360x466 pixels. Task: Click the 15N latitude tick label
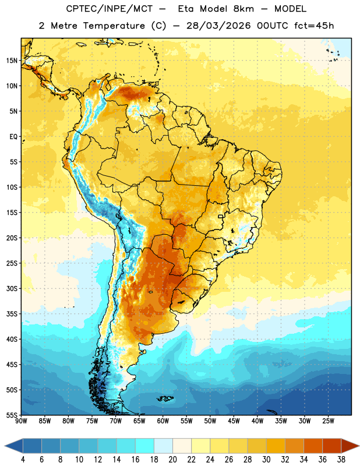(x=12, y=61)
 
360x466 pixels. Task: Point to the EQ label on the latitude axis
(x=13, y=137)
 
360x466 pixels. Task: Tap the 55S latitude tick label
(x=12, y=415)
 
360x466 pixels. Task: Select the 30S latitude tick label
(x=12, y=288)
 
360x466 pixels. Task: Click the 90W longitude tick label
(x=21, y=421)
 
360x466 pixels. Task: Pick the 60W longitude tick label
(x=163, y=421)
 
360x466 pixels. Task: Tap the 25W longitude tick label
(x=328, y=421)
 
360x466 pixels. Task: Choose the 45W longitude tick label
(x=234, y=421)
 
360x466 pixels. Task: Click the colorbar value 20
(x=172, y=460)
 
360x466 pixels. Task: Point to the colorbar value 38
(x=341, y=460)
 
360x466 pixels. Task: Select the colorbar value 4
(x=23, y=460)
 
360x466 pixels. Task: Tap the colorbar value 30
(x=266, y=460)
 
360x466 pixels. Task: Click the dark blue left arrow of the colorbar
(x=14, y=446)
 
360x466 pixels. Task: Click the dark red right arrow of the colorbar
(x=350, y=446)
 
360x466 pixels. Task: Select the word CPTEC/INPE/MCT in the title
(x=109, y=9)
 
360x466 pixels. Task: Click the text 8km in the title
(x=243, y=9)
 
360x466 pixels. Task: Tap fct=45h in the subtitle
(x=314, y=26)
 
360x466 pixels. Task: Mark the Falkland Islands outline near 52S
(x=165, y=398)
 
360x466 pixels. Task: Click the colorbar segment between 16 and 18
(x=145, y=446)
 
